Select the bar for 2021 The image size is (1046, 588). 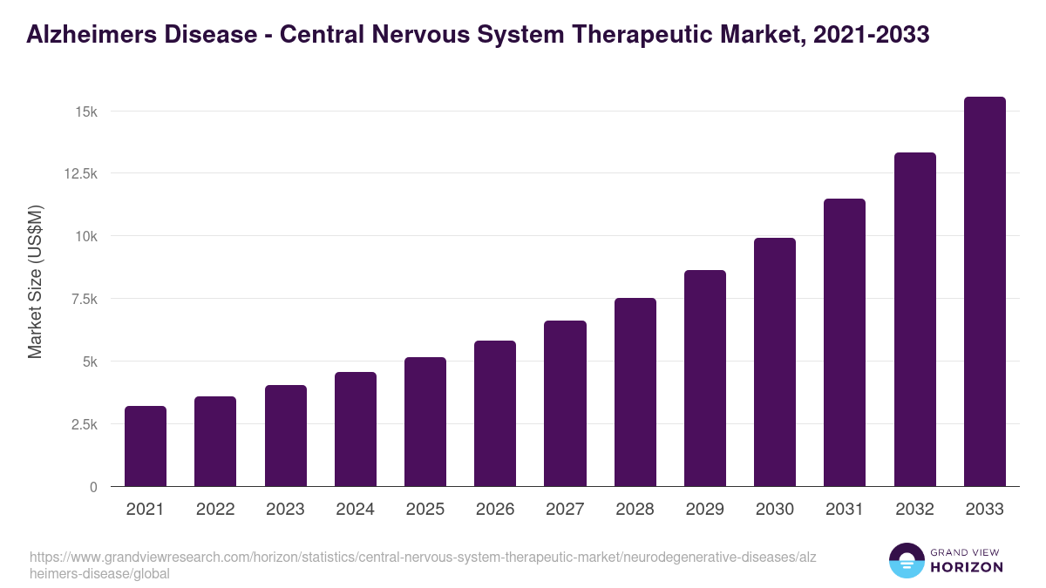point(146,446)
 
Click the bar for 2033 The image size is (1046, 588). point(984,292)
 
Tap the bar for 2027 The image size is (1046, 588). point(565,403)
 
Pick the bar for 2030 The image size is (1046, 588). point(775,362)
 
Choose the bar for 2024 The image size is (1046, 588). point(356,429)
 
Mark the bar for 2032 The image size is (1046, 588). point(914,320)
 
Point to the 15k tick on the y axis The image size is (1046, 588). point(86,112)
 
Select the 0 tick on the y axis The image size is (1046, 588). point(93,487)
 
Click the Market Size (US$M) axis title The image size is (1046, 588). point(36,282)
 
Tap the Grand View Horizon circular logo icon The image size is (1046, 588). point(906,560)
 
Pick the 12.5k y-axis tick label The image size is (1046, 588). point(79,173)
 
